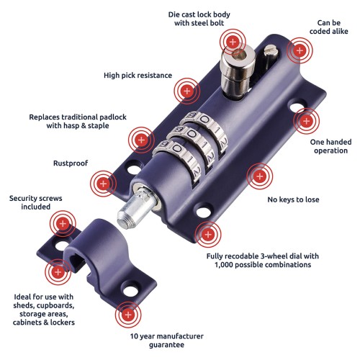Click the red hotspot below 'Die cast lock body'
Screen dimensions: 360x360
tap(233, 42)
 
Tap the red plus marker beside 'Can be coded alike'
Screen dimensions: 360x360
tap(300, 50)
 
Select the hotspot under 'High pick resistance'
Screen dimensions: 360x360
tap(187, 91)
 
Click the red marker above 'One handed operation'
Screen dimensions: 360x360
tap(307, 121)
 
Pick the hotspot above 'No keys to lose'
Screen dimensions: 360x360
tap(260, 176)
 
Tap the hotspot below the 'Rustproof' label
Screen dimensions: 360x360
tap(103, 184)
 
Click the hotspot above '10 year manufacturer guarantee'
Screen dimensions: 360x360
tap(128, 315)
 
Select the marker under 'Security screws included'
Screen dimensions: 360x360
tap(63, 224)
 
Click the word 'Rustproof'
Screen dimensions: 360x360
tap(71, 163)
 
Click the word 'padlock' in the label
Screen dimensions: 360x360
tap(113, 117)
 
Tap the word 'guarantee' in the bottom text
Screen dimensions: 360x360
tap(167, 345)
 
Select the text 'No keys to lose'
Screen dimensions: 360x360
tap(293, 199)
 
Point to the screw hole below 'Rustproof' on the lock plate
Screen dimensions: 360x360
tap(134, 168)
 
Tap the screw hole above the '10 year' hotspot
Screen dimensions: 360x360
tap(131, 289)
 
